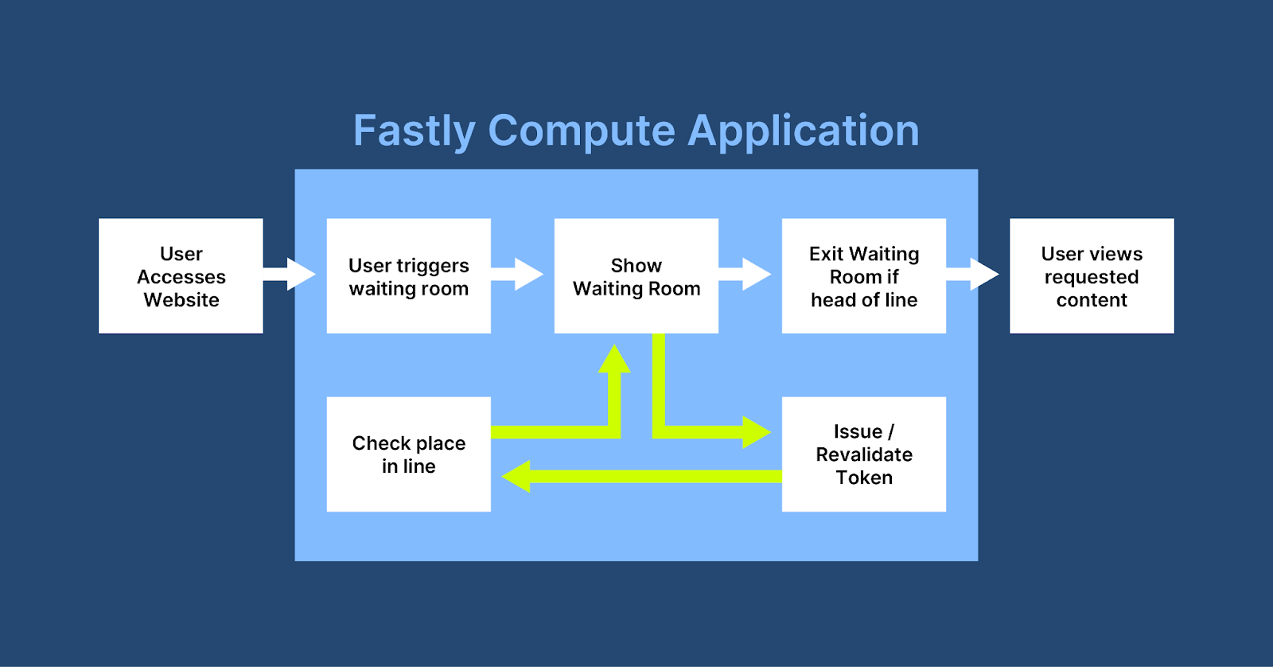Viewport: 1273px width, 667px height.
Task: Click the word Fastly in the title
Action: [414, 131]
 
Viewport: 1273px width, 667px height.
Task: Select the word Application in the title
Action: [803, 131]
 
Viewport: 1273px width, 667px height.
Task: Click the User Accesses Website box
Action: [181, 276]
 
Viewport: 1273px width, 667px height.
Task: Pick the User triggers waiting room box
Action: [408, 276]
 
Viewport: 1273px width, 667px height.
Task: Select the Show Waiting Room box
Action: [636, 276]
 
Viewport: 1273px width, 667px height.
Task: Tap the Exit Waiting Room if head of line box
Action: [863, 276]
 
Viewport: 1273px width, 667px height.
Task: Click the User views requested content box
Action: [1091, 276]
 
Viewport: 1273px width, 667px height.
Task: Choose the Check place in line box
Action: [408, 454]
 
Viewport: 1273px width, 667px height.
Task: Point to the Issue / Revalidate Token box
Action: [863, 454]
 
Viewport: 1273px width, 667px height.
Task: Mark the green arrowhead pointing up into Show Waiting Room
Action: [614, 361]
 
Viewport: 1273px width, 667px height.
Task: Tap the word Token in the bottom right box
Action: [864, 478]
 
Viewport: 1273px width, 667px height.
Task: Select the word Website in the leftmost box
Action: [181, 300]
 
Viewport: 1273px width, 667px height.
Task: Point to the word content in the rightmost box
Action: [1092, 300]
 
